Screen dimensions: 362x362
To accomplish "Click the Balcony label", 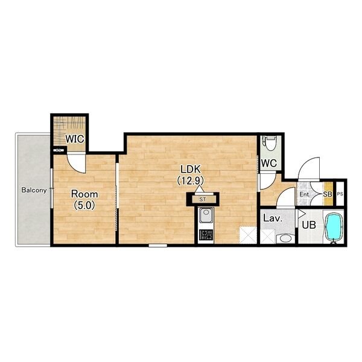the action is tap(34, 190).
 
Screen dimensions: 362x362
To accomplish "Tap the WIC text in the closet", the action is tap(75, 139).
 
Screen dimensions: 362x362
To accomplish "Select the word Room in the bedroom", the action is tap(84, 194).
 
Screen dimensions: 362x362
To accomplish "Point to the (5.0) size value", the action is tap(84, 205).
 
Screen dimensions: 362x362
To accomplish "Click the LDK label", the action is tap(191, 169).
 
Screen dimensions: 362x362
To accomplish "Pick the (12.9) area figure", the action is tap(191, 180).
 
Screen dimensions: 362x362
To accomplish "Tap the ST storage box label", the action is tap(203, 200).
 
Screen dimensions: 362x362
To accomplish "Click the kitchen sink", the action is tap(206, 215).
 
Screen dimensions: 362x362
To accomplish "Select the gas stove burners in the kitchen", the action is tap(206, 235).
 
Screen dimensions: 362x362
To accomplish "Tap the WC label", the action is tap(269, 164).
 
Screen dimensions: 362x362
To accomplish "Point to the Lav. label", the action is tap(273, 218).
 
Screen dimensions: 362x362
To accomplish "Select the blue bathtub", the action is tap(334, 227).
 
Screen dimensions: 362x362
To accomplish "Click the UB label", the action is tap(309, 225).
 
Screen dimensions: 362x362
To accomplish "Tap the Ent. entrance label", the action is tap(305, 194).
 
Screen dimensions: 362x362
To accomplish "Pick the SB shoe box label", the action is tap(328, 194).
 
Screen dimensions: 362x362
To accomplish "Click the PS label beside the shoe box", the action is tap(340, 194).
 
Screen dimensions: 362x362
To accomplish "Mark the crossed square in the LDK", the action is tap(248, 235).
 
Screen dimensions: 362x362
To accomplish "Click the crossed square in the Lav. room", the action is tap(267, 236).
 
